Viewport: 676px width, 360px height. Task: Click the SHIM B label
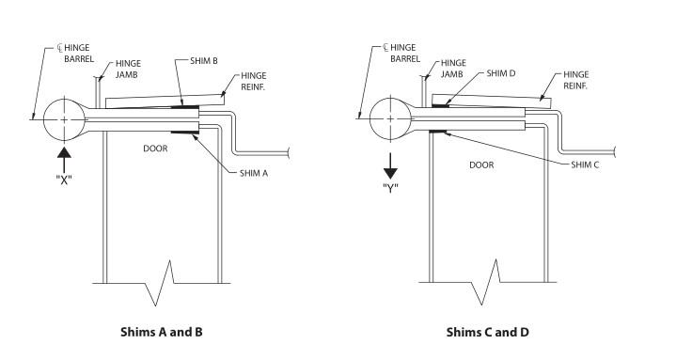(203, 61)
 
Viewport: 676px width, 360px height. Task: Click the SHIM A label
(254, 173)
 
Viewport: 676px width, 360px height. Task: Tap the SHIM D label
(500, 73)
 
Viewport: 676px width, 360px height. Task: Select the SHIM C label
(585, 164)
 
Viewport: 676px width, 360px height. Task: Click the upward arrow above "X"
(64, 160)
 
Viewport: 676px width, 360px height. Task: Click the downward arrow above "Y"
(390, 165)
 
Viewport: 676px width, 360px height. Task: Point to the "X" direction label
(64, 180)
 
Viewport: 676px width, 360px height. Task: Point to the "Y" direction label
(390, 188)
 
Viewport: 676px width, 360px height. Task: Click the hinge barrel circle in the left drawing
(64, 100)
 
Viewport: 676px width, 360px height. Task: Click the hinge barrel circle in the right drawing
(390, 99)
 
